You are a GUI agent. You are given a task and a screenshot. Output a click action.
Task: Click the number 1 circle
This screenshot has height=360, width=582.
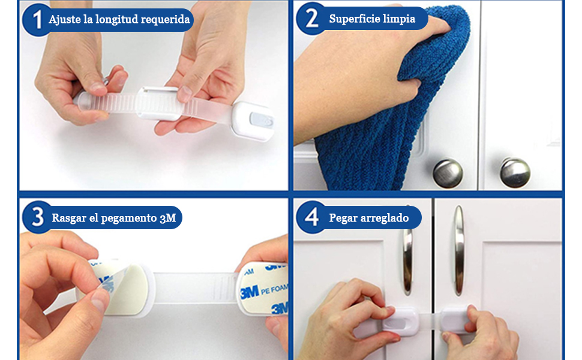37,19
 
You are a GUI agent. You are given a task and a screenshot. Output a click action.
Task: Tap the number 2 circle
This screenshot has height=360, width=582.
311,19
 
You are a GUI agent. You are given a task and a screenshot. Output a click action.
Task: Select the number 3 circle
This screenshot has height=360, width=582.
37,217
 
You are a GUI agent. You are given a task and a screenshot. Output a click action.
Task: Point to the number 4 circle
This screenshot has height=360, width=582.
311,217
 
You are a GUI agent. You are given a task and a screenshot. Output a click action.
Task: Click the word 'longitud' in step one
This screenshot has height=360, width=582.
114,19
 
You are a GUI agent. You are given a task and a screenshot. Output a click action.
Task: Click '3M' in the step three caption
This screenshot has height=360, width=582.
168,218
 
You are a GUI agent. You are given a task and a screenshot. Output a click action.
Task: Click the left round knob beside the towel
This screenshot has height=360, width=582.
448,173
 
